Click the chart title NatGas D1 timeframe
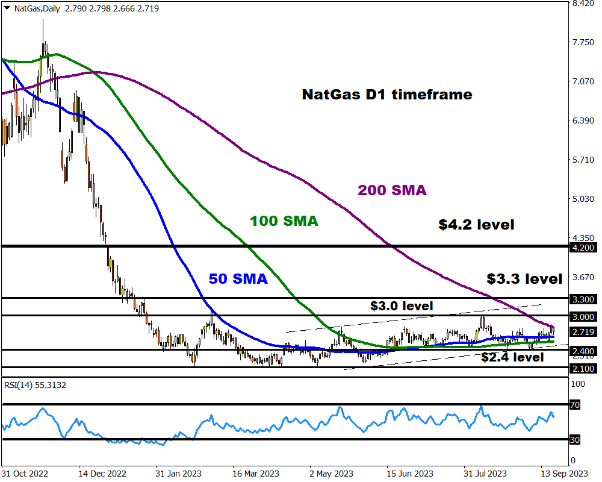click(x=386, y=95)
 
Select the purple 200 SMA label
click(x=392, y=190)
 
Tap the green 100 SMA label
click(x=284, y=221)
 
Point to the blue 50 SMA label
click(x=238, y=279)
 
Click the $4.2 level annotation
click(x=476, y=225)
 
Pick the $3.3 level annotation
click(x=524, y=278)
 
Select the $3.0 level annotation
click(x=402, y=306)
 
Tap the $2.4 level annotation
click(x=512, y=357)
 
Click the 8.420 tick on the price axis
click(x=583, y=4)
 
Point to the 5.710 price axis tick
click(x=583, y=160)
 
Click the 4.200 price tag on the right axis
click(x=583, y=247)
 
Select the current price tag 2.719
click(x=583, y=332)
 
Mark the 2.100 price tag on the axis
click(x=583, y=368)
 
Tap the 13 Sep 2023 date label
click(x=564, y=474)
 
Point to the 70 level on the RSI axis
click(x=575, y=405)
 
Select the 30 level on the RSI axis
click(x=575, y=440)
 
